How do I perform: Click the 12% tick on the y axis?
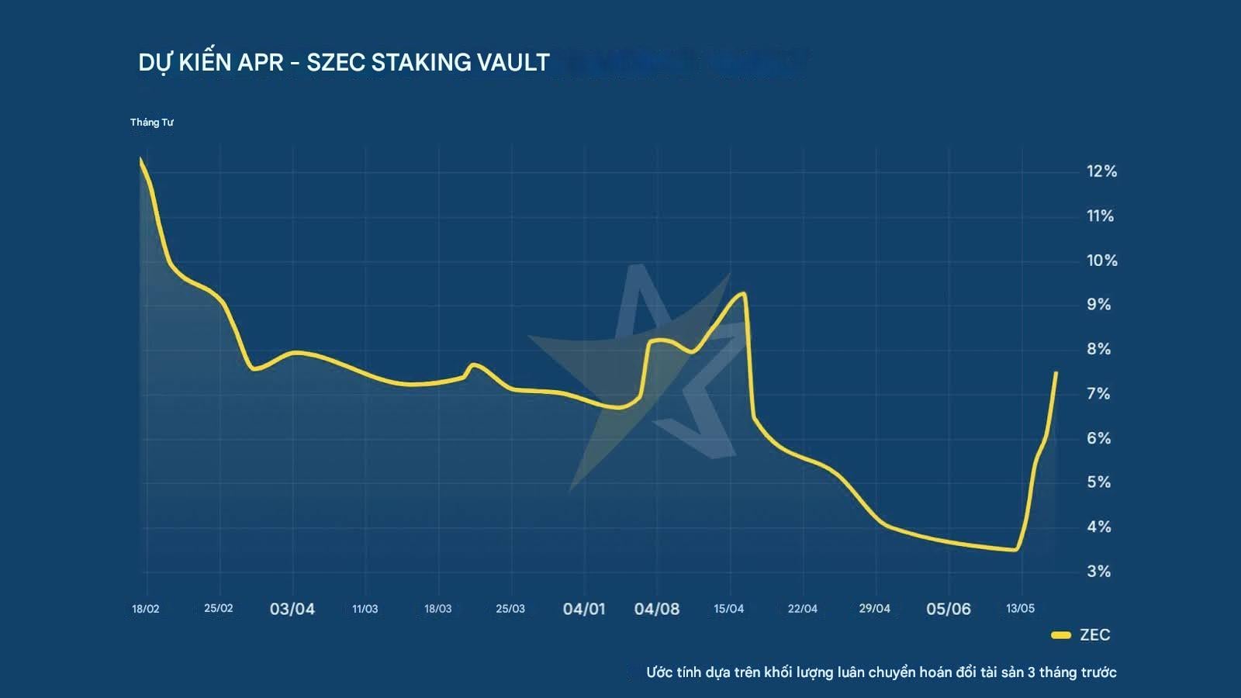[1101, 171]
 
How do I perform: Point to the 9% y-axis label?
[1098, 305]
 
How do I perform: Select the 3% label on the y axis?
[1098, 572]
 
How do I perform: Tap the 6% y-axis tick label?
[1098, 438]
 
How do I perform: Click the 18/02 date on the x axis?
[145, 609]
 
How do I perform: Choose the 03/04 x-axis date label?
[292, 609]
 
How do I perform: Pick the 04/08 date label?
[656, 609]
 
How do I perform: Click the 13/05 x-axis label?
[1020, 609]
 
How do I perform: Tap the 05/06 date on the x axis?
[948, 609]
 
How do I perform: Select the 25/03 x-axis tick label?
[510, 609]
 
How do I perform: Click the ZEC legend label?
[1094, 635]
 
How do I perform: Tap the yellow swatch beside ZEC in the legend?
[1060, 635]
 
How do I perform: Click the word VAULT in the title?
[513, 62]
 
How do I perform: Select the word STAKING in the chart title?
[419, 62]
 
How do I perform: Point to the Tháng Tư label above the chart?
[151, 123]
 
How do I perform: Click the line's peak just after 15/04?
[743, 293]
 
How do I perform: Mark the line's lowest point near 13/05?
[1015, 550]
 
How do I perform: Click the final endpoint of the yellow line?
[1056, 373]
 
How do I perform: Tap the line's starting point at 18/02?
[140, 159]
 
